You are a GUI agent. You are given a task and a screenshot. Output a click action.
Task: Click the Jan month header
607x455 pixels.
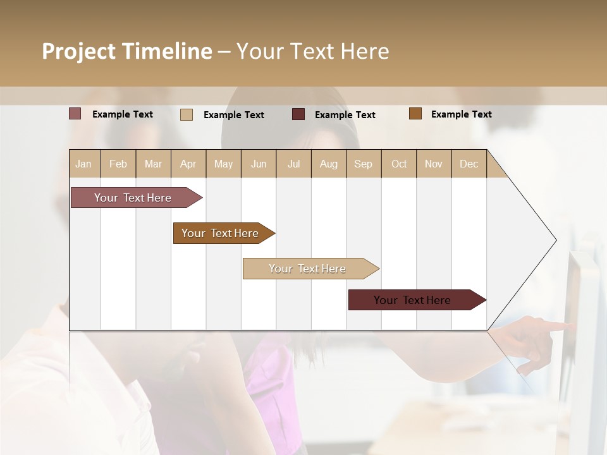(83, 164)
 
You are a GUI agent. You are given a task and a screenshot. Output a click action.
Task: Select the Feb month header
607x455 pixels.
(118, 164)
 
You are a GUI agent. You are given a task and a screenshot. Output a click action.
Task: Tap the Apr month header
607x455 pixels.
(188, 164)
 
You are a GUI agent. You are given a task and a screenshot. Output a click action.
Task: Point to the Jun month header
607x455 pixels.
(259, 164)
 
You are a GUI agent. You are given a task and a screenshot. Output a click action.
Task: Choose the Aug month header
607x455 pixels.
(328, 164)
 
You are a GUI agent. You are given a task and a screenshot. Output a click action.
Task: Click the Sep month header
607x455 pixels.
(363, 164)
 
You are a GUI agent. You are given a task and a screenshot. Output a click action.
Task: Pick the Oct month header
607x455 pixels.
(399, 164)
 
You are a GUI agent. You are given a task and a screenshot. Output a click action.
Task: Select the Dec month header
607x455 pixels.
(469, 164)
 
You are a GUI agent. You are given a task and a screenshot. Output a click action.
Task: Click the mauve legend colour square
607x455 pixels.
(75, 114)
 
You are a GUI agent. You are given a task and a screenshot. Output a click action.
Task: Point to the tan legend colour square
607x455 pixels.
(187, 114)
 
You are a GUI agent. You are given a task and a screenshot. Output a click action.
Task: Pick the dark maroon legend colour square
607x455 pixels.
(298, 114)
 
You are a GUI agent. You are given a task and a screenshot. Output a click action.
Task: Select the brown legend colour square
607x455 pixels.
(415, 114)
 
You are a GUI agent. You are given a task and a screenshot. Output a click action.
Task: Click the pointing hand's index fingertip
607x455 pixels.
(570, 326)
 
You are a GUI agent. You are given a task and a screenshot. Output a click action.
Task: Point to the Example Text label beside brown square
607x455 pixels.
(461, 114)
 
